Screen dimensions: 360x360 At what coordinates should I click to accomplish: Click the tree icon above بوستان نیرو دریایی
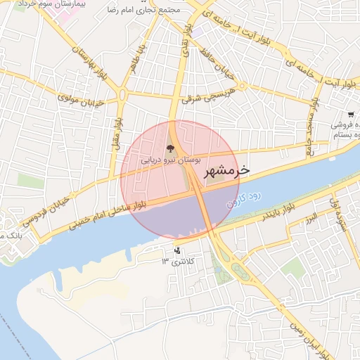pos(169,148)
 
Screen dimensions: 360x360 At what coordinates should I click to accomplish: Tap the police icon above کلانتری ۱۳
pos(176,250)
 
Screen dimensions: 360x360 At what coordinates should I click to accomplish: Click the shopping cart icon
pos(350,114)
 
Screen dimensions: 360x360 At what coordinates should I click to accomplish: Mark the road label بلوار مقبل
pos(115,138)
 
